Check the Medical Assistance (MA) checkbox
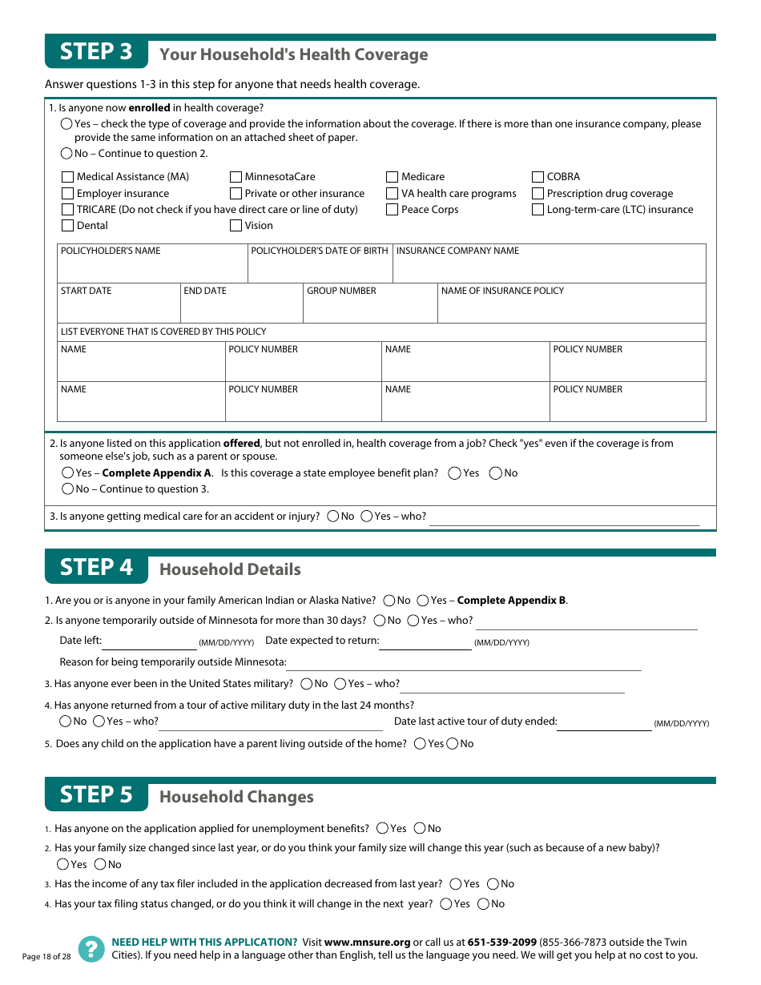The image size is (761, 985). point(68,177)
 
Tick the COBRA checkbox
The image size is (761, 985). point(538,177)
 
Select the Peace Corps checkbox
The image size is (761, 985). point(393,210)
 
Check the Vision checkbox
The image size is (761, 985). point(236,226)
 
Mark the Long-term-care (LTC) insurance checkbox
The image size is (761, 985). point(538,210)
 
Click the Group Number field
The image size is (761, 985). point(369,308)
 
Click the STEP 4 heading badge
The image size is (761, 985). point(96,567)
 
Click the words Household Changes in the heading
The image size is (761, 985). point(236,797)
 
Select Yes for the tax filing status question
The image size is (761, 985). point(446,904)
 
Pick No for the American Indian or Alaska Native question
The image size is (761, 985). point(389,601)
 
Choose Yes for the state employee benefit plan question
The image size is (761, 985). point(455,473)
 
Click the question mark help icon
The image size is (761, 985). point(91,949)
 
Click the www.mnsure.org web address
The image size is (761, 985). point(367,943)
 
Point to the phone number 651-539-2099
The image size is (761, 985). point(501,943)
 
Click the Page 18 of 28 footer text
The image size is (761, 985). point(46,957)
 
